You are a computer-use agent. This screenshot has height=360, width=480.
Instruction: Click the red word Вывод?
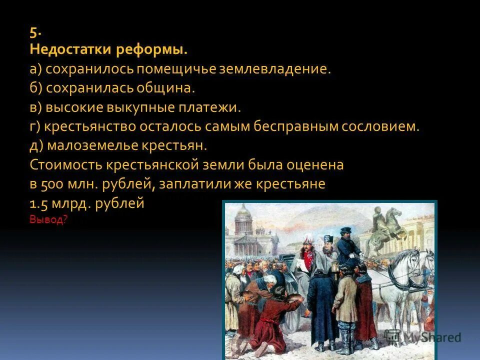(x=48, y=219)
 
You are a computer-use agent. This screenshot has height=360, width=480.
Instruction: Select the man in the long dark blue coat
(x=322, y=305)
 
